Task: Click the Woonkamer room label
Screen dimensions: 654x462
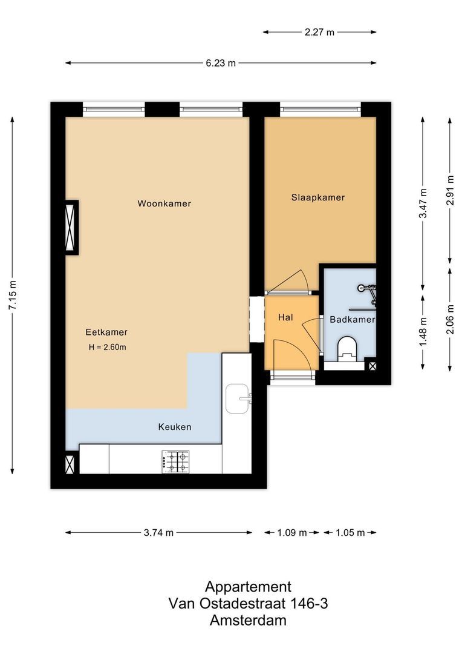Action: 164,203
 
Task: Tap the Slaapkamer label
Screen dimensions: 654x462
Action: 317,197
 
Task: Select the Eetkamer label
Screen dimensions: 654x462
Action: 106,332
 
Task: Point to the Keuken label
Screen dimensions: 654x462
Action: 174,427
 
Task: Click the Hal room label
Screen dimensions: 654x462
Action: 285,317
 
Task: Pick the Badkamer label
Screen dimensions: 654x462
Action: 352,319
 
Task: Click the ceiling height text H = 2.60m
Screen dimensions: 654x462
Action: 107,347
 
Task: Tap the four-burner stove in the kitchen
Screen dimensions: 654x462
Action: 175,461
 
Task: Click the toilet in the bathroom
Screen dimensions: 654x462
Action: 347,348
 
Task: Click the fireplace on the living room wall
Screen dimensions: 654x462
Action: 71,226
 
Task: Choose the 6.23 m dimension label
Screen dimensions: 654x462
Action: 221,63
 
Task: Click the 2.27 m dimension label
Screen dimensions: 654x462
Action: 320,33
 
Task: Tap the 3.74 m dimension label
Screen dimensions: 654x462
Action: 158,533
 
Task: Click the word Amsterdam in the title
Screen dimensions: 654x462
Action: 248,620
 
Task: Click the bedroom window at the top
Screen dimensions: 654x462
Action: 320,110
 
